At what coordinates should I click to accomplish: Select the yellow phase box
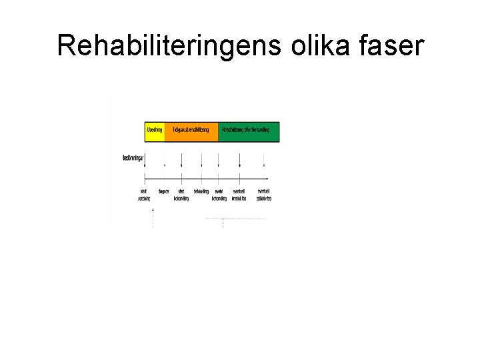tap(155, 131)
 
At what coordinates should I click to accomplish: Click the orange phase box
tap(191, 131)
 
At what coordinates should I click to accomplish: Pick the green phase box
tap(249, 131)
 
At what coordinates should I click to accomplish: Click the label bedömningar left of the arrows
tap(133, 158)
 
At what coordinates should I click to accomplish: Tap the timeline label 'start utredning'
tap(145, 195)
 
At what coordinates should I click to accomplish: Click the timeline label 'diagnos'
tap(163, 191)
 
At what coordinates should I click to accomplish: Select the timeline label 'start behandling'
tap(181, 195)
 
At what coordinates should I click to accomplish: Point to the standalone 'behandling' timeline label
tap(201, 191)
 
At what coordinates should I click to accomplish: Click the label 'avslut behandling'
tap(219, 195)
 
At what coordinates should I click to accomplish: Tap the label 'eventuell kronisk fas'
tap(239, 195)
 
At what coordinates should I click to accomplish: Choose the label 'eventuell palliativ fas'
tap(264, 195)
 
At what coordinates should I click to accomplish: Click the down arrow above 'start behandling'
tap(181, 162)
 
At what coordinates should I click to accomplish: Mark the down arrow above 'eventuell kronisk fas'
tap(240, 162)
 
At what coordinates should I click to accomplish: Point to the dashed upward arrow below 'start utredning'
tap(153, 217)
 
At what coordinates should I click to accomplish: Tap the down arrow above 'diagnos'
tap(164, 162)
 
